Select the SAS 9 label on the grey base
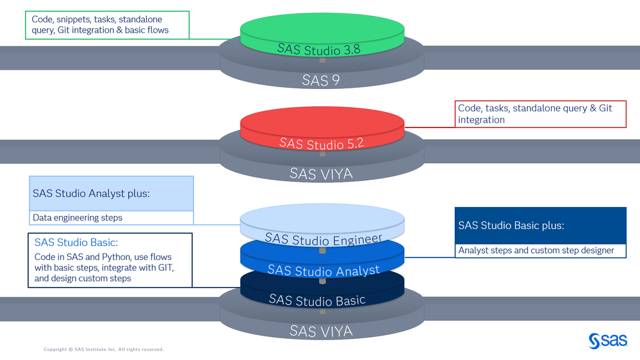pyautogui.click(x=320, y=80)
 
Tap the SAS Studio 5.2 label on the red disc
pyautogui.click(x=322, y=143)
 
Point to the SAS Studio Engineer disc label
pyautogui.click(x=323, y=239)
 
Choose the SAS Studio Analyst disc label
pyautogui.click(x=323, y=270)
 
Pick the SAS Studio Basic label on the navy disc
pyautogui.click(x=317, y=299)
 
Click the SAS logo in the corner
pyautogui.click(x=607, y=341)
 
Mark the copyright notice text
pyautogui.click(x=104, y=349)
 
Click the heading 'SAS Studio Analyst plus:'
pyautogui.click(x=91, y=193)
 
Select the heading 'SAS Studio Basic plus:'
pyautogui.click(x=511, y=225)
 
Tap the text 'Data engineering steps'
pyautogui.click(x=78, y=218)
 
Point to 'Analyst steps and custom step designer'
pyautogui.click(x=536, y=251)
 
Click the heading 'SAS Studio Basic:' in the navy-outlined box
pyautogui.click(x=76, y=243)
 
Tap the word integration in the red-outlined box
pyautogui.click(x=481, y=120)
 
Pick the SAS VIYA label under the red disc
pyautogui.click(x=320, y=173)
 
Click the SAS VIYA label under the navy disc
pyautogui.click(x=320, y=331)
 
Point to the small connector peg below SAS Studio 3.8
pyautogui.click(x=322, y=60)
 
